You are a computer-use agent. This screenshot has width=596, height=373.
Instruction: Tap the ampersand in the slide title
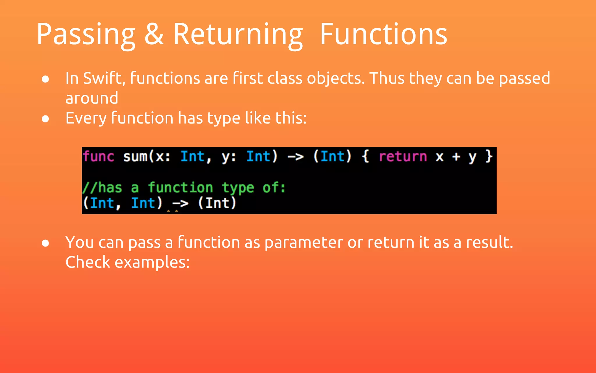(x=154, y=34)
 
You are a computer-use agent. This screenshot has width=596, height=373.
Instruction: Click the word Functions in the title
(x=383, y=34)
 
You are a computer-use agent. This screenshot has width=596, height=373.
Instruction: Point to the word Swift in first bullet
(x=104, y=78)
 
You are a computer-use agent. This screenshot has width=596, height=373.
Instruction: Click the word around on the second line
(x=92, y=98)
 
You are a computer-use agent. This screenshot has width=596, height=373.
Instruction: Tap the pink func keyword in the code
(x=98, y=156)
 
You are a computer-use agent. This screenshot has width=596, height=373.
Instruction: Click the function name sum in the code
(x=135, y=156)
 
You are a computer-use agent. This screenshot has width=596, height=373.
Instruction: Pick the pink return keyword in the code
(x=403, y=156)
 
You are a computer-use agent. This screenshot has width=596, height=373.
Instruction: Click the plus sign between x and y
(x=456, y=157)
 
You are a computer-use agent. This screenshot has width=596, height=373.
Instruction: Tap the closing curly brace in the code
(x=489, y=156)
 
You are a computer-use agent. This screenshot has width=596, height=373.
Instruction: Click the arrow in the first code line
(x=295, y=157)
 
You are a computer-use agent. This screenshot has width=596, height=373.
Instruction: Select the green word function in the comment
(x=180, y=187)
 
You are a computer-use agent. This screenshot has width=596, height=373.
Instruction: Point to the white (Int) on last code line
(x=217, y=203)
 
